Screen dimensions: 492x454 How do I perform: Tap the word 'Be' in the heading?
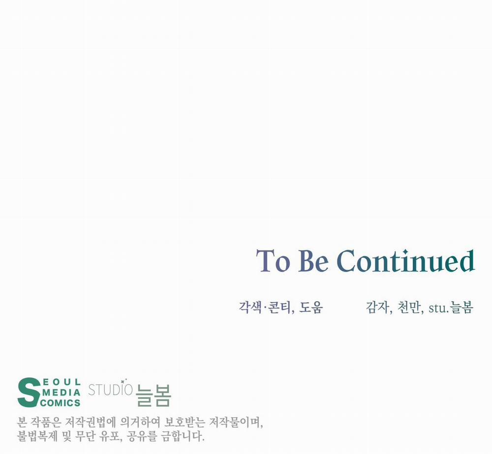point(313,261)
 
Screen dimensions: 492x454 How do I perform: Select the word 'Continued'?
point(405,260)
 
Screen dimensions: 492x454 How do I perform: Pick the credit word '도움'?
point(311,308)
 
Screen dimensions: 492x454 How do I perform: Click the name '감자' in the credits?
point(377,308)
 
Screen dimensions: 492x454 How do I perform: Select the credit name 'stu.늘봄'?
point(451,308)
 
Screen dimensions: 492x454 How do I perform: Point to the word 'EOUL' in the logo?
point(61,382)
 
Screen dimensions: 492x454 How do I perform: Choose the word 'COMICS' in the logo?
point(60,403)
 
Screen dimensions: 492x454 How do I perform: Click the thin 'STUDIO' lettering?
point(110,390)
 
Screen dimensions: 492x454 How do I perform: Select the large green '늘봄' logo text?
point(154,396)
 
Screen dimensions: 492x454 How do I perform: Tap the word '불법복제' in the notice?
point(37,436)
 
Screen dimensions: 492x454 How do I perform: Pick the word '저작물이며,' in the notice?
point(236,423)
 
